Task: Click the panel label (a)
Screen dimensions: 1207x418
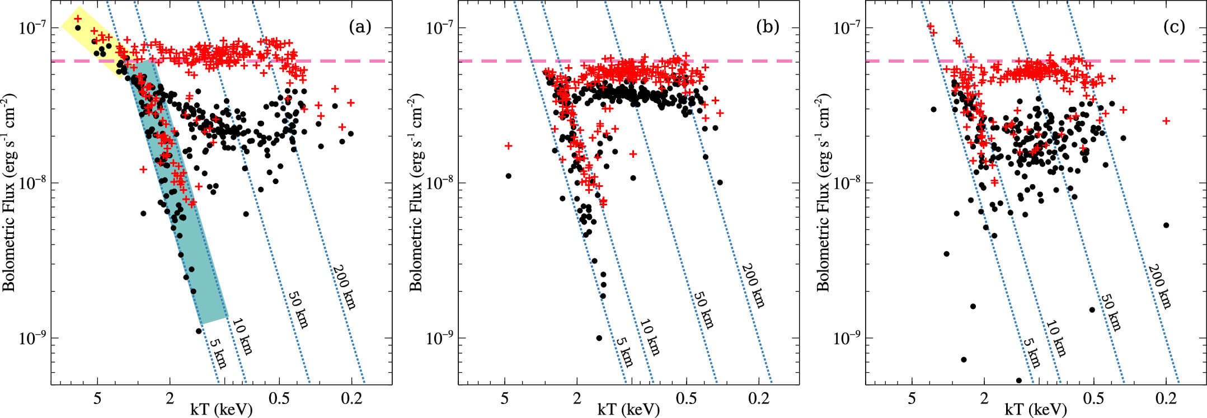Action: [360, 27]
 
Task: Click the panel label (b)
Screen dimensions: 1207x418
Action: [767, 27]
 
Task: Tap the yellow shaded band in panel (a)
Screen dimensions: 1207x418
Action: [95, 42]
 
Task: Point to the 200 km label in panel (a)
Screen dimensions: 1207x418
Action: [345, 286]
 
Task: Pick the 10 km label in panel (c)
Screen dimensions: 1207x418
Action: [1056, 338]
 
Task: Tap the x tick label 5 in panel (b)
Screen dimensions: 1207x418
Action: [505, 394]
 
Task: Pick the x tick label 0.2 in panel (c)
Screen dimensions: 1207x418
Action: [1166, 394]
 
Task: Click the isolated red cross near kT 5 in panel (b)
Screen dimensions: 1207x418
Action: [508, 145]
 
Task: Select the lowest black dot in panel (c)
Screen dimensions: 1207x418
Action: [1018, 381]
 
